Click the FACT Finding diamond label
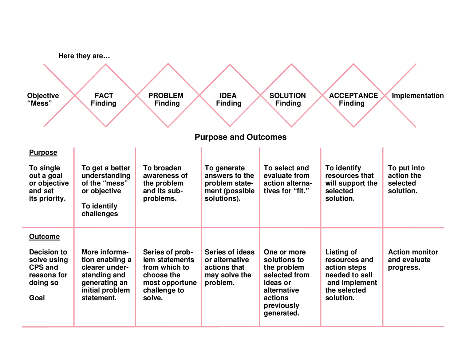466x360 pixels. [104, 99]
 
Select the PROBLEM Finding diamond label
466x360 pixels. [166, 99]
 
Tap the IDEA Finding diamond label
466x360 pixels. [228, 99]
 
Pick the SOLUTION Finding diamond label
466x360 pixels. [288, 99]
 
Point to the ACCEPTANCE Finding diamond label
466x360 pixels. [353, 99]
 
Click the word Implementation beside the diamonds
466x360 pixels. [418, 96]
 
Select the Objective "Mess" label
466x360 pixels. [43, 99]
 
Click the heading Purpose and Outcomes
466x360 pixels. [240, 137]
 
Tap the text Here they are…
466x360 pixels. [84, 56]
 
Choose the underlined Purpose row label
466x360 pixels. [43, 153]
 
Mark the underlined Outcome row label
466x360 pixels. [44, 237]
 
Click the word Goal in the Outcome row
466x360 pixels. [37, 298]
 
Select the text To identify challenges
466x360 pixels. [99, 210]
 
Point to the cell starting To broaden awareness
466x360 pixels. [165, 183]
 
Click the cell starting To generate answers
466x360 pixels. [229, 183]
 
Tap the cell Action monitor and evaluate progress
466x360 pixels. [413, 260]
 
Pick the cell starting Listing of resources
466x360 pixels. [351, 275]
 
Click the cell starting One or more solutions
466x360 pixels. [286, 282]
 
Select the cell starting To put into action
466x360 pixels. [406, 179]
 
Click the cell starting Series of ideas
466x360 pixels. [229, 267]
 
